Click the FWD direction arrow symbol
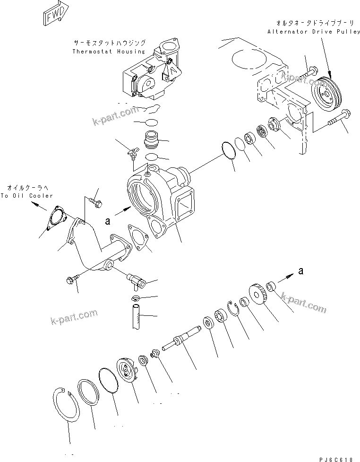click(x=53, y=16)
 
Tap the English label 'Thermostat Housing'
click(x=109, y=51)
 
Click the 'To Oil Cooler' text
click(x=27, y=196)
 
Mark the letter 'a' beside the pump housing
click(x=108, y=220)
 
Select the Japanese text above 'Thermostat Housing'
click(x=109, y=42)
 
